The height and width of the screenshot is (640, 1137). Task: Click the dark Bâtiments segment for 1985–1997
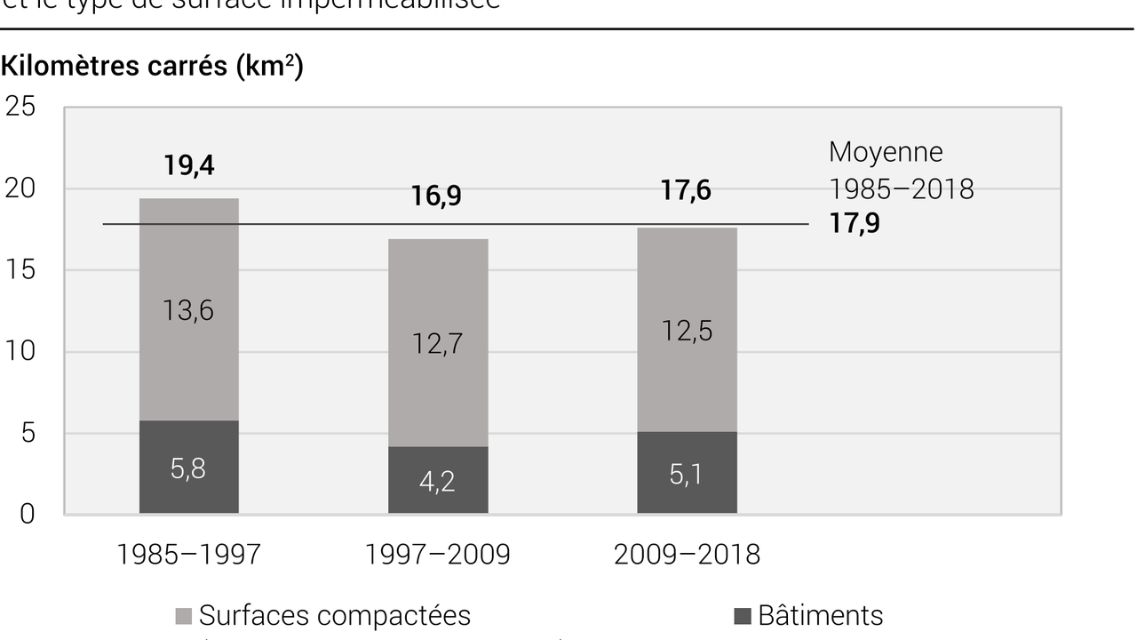188,467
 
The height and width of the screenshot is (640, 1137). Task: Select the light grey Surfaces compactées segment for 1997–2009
438,342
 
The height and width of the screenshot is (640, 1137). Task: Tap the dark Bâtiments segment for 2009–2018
687,472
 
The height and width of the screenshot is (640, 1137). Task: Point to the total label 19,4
188,166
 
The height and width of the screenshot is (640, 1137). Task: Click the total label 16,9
436,196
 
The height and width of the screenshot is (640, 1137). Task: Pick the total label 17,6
686,191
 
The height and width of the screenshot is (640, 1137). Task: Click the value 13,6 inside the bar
188,311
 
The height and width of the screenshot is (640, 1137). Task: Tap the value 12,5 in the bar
687,331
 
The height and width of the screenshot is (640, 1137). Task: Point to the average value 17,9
855,223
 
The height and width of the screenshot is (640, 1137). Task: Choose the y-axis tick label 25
20,107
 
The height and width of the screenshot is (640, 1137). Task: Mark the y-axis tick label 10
20,352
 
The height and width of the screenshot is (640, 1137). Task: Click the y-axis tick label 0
28,514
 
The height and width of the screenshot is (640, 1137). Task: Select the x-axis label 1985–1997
188,555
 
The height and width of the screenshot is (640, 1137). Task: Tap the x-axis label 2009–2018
687,555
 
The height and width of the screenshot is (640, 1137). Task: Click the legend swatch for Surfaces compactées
184,616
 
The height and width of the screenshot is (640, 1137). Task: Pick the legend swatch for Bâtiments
743,616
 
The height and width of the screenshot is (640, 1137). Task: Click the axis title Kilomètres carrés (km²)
152,67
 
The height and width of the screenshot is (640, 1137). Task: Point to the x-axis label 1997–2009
437,555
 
